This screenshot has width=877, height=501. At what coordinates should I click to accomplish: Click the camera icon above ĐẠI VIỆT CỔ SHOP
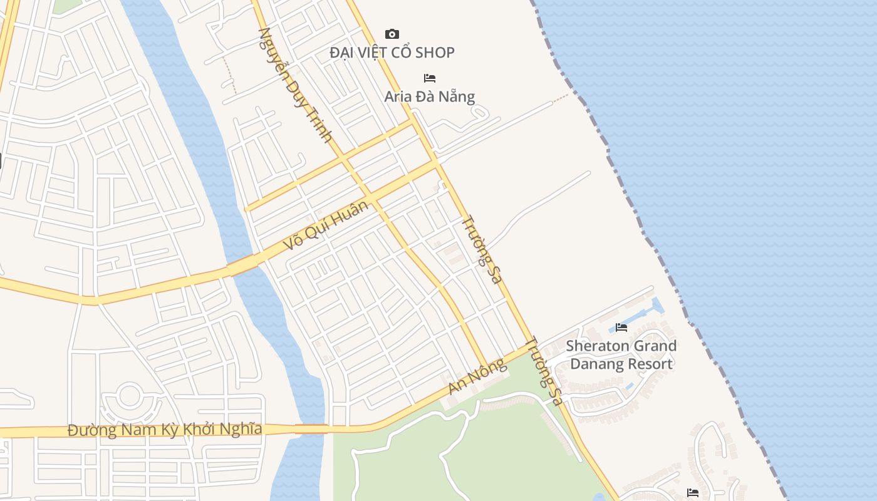392,34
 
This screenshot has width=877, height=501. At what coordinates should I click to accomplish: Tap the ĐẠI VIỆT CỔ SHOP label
392,53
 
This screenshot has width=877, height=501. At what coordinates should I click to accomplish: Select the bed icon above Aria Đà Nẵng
430,78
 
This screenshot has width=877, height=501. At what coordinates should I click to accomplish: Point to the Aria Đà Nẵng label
430,96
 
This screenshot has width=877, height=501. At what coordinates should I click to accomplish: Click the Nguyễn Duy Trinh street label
294,84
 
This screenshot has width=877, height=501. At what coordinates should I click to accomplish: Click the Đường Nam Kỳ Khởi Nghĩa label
165,430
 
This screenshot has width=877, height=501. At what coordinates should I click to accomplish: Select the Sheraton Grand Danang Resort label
621,354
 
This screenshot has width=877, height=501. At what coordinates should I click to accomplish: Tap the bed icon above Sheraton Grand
621,327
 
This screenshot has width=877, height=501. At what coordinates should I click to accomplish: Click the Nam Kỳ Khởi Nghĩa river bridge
311,429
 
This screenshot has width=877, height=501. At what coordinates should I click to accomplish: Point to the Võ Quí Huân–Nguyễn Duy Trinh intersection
372,199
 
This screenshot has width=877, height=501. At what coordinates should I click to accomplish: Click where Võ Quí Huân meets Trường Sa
437,162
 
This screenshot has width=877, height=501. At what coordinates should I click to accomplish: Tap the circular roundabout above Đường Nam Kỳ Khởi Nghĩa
129,396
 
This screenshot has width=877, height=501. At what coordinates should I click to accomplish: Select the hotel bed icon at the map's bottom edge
693,493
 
